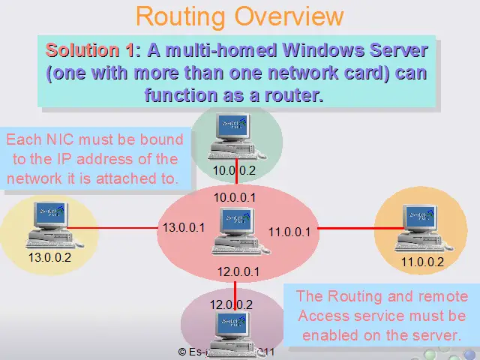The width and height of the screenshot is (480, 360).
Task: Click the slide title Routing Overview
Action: [240, 16]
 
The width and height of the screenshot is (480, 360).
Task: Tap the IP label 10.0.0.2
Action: [234, 170]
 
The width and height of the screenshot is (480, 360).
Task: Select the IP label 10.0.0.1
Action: [234, 197]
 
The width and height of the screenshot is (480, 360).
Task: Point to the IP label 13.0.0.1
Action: [184, 227]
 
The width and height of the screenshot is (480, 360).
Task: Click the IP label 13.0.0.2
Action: [49, 257]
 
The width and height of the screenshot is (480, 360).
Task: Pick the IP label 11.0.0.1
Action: [289, 232]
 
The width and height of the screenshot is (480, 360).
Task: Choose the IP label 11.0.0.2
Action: [422, 262]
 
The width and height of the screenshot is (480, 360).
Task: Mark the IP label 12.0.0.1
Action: [238, 271]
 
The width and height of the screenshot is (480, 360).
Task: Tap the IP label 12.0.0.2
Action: [231, 304]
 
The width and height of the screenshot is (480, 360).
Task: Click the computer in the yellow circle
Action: [50, 224]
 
